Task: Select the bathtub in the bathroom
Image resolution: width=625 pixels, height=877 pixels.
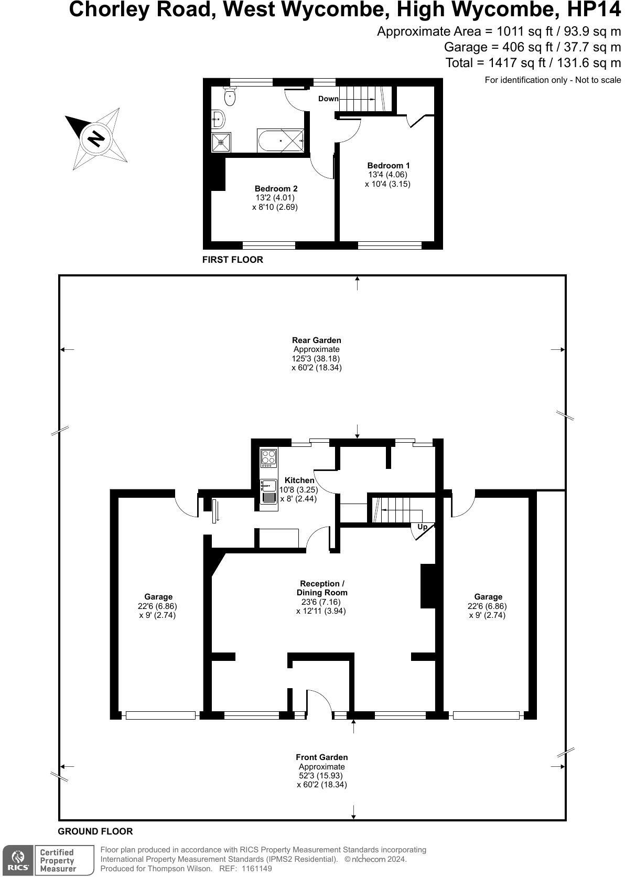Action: pyautogui.click(x=280, y=140)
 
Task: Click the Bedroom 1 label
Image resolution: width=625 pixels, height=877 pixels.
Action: pyautogui.click(x=388, y=166)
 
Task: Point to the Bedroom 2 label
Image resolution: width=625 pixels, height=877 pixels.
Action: pyautogui.click(x=276, y=189)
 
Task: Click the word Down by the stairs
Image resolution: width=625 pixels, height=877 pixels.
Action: pyautogui.click(x=328, y=99)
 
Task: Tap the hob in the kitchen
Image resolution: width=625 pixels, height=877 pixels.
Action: pyautogui.click(x=269, y=457)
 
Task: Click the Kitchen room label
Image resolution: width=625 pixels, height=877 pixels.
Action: pyautogui.click(x=299, y=480)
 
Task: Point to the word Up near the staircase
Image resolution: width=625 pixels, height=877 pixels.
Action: pyautogui.click(x=422, y=527)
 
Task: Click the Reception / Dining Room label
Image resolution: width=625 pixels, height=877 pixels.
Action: pyautogui.click(x=322, y=588)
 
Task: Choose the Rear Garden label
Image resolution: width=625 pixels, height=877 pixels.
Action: pyautogui.click(x=317, y=340)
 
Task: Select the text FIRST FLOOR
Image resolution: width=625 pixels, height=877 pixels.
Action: pyautogui.click(x=232, y=260)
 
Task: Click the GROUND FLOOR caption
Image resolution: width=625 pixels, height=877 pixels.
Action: pyautogui.click(x=95, y=831)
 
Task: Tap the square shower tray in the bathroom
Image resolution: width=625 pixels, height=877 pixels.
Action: pyautogui.click(x=221, y=142)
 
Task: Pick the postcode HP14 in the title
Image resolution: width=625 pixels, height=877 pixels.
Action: pyautogui.click(x=594, y=9)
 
